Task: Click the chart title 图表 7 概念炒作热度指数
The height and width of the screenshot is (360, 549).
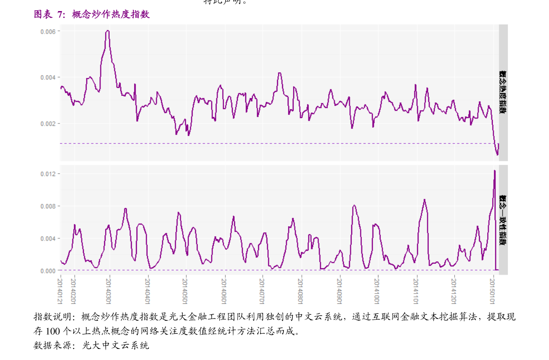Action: (92, 14)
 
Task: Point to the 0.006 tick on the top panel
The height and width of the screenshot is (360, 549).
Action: (48, 31)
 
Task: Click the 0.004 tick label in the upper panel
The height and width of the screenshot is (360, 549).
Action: (48, 77)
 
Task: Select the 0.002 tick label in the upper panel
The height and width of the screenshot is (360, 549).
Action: (48, 124)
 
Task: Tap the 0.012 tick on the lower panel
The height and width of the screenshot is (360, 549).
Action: (48, 174)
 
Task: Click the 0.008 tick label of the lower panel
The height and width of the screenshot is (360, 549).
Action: (48, 206)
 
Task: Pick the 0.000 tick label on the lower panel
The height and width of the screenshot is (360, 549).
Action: (48, 271)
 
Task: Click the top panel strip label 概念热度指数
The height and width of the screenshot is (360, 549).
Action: (503, 92)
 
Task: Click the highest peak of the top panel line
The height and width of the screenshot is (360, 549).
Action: (107, 30)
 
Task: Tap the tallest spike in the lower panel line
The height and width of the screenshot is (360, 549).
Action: (495, 171)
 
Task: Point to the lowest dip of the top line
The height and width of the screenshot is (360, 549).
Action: (497, 155)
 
